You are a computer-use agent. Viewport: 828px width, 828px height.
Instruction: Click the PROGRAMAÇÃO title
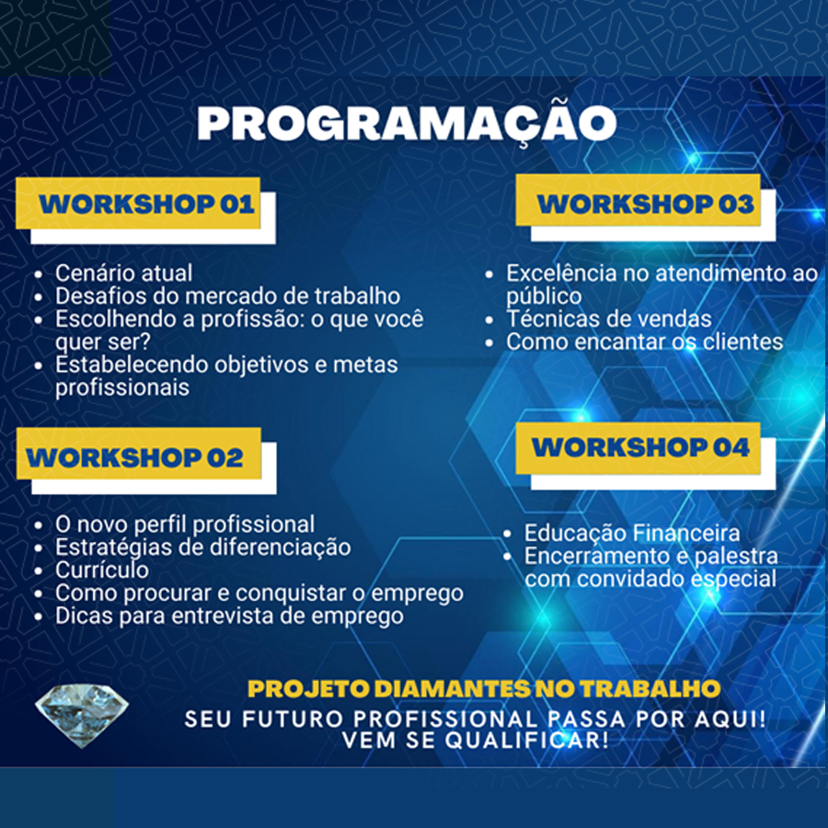coord(407,123)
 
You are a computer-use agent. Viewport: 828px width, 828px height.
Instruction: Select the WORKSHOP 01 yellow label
coord(138,203)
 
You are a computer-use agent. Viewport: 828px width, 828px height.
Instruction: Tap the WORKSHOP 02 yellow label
coord(138,454)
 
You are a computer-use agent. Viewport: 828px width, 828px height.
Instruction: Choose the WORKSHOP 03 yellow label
coord(638,201)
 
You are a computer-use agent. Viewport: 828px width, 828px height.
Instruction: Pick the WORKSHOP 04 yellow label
coord(638,448)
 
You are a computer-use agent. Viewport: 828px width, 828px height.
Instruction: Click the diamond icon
coord(81,715)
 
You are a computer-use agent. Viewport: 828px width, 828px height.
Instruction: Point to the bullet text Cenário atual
coord(123,273)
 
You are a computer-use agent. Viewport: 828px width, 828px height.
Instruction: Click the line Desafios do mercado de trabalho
coord(227,296)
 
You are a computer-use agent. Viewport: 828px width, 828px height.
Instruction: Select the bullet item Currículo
coord(102,570)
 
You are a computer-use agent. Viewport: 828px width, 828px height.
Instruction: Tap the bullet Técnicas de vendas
coord(609,319)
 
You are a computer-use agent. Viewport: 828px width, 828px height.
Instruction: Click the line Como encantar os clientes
coord(644,342)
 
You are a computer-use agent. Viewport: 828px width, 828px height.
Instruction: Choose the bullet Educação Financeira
coord(632,534)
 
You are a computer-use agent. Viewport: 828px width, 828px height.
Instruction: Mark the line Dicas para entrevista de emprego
coord(229,616)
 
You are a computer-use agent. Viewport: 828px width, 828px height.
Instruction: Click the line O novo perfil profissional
coord(185,525)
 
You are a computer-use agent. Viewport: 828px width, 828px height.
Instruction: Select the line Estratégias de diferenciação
coord(202,547)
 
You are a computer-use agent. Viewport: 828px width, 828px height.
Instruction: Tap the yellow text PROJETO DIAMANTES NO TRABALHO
coord(484,688)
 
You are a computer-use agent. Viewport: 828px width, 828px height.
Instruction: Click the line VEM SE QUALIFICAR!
coord(476,740)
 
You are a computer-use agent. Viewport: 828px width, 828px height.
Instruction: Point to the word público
coord(544,296)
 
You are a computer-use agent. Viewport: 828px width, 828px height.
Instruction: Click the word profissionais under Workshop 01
coord(122,388)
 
